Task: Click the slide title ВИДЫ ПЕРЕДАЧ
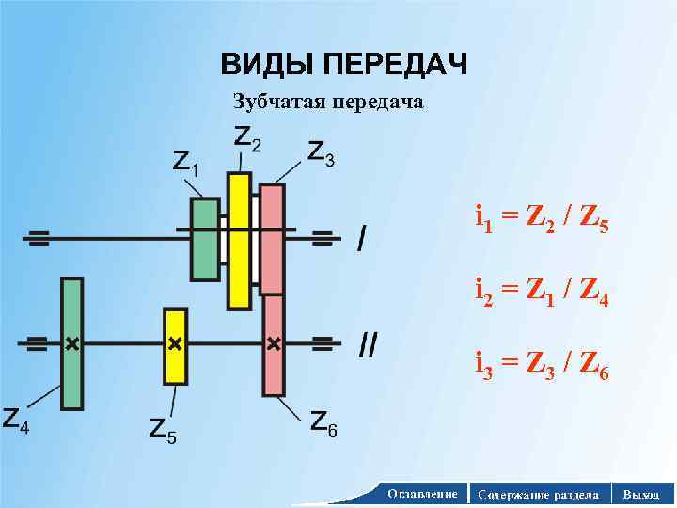[x=343, y=65]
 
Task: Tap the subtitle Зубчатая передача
[x=328, y=101]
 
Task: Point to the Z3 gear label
[x=321, y=152]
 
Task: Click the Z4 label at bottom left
[x=16, y=420]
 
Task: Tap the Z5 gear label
[x=164, y=430]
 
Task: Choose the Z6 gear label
[x=324, y=424]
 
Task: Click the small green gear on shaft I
[x=205, y=239]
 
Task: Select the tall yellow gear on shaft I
[x=239, y=241]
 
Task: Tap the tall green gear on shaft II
[x=71, y=343]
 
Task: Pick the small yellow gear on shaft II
[x=175, y=345]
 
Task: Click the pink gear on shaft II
[x=274, y=344]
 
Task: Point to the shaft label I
[x=363, y=238]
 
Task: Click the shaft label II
[x=369, y=345]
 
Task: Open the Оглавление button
[x=422, y=494]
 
